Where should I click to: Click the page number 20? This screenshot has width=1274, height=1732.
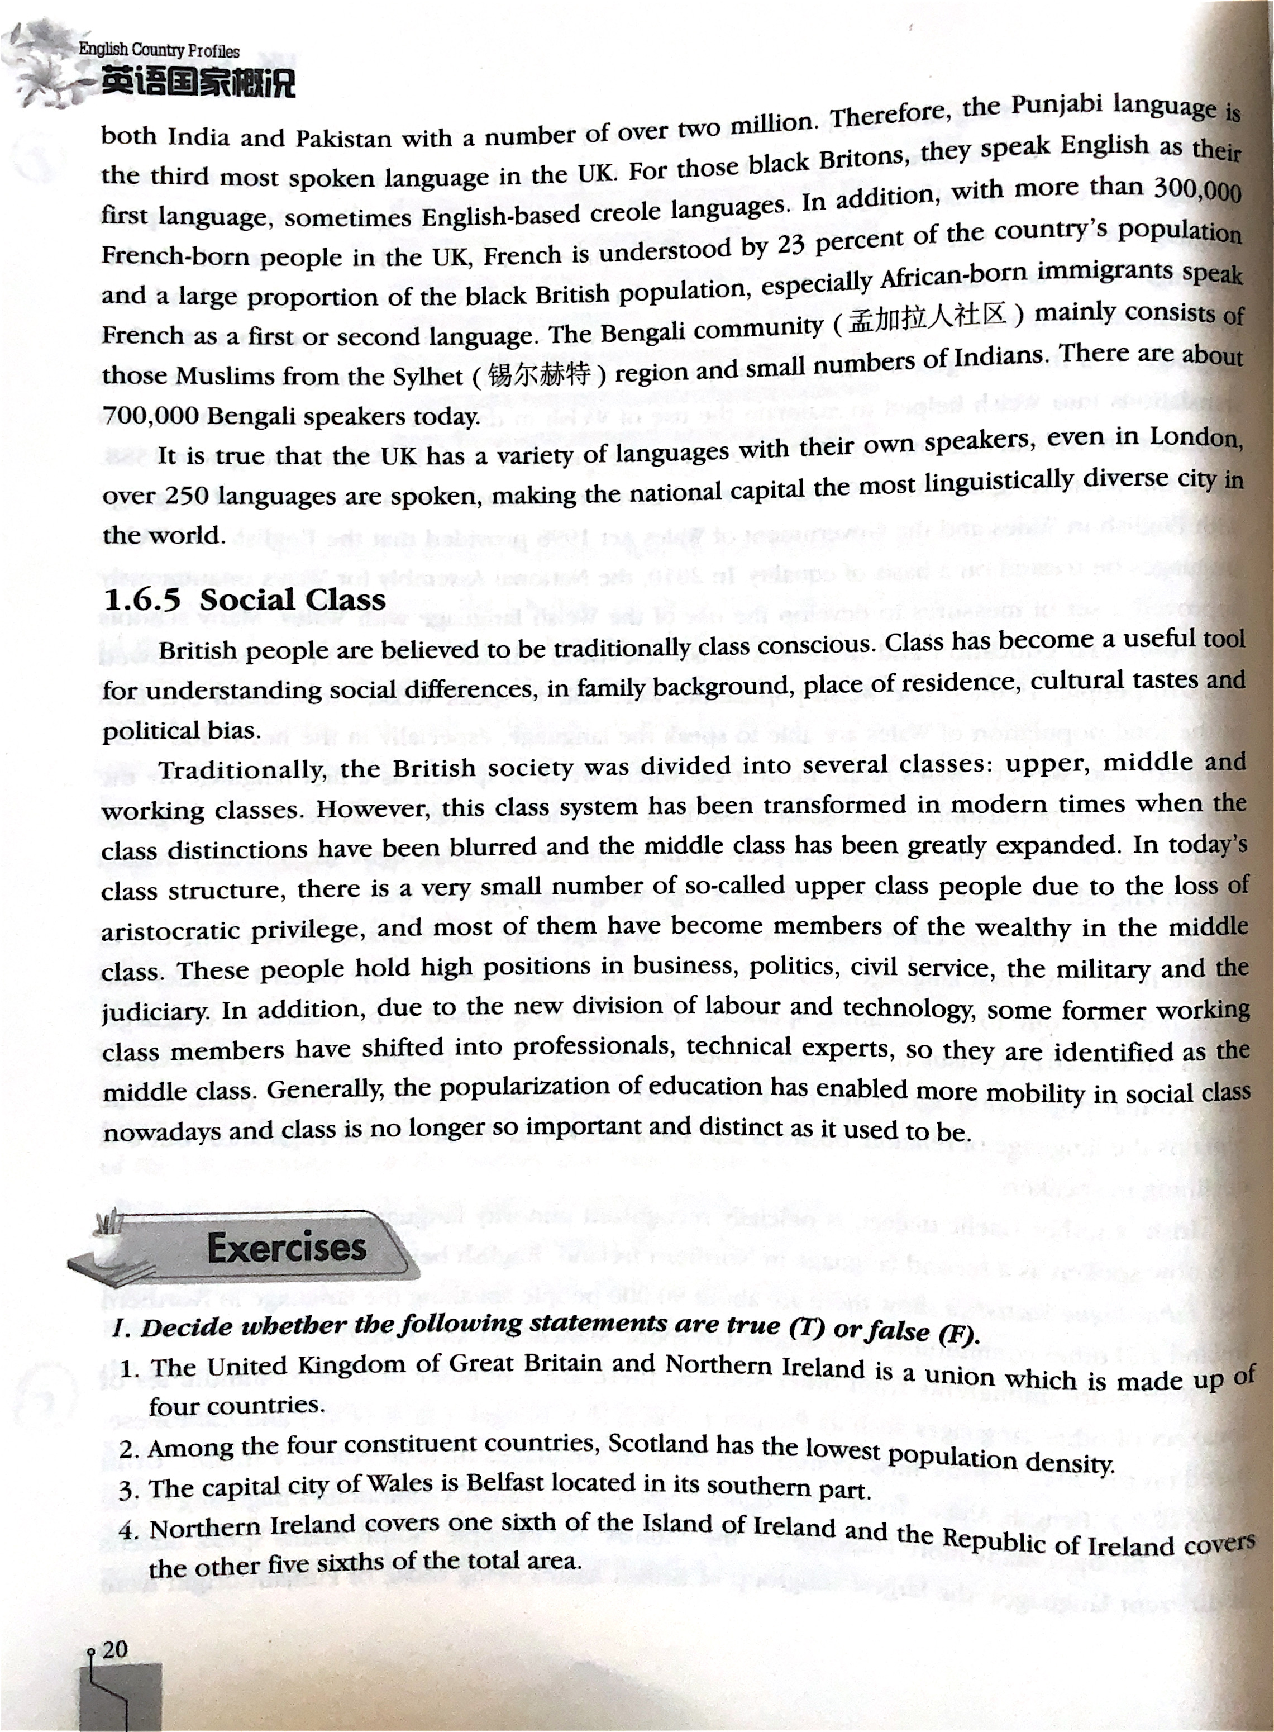click(x=114, y=1649)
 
